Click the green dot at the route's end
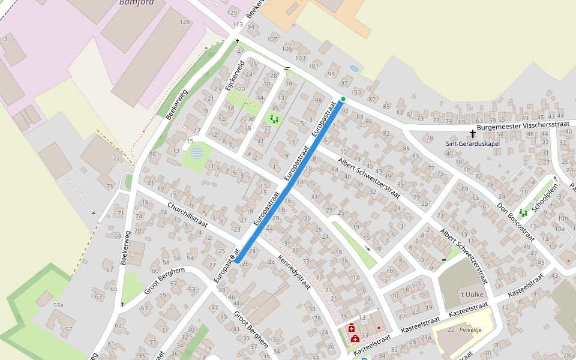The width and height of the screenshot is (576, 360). [343, 99]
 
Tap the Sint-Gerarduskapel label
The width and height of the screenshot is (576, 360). [473, 144]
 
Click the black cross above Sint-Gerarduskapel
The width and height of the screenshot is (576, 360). [473, 133]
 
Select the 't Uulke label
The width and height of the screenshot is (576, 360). [471, 295]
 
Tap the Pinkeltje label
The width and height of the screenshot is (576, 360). [470, 329]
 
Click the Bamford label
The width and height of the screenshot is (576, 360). [136, 2]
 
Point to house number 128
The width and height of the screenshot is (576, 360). [185, 22]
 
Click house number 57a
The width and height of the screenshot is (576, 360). [58, 305]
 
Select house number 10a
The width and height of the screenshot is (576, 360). [560, 229]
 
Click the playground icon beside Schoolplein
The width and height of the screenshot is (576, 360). [523, 212]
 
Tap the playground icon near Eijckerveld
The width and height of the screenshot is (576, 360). [275, 119]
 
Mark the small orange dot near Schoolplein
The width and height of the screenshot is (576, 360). [568, 261]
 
